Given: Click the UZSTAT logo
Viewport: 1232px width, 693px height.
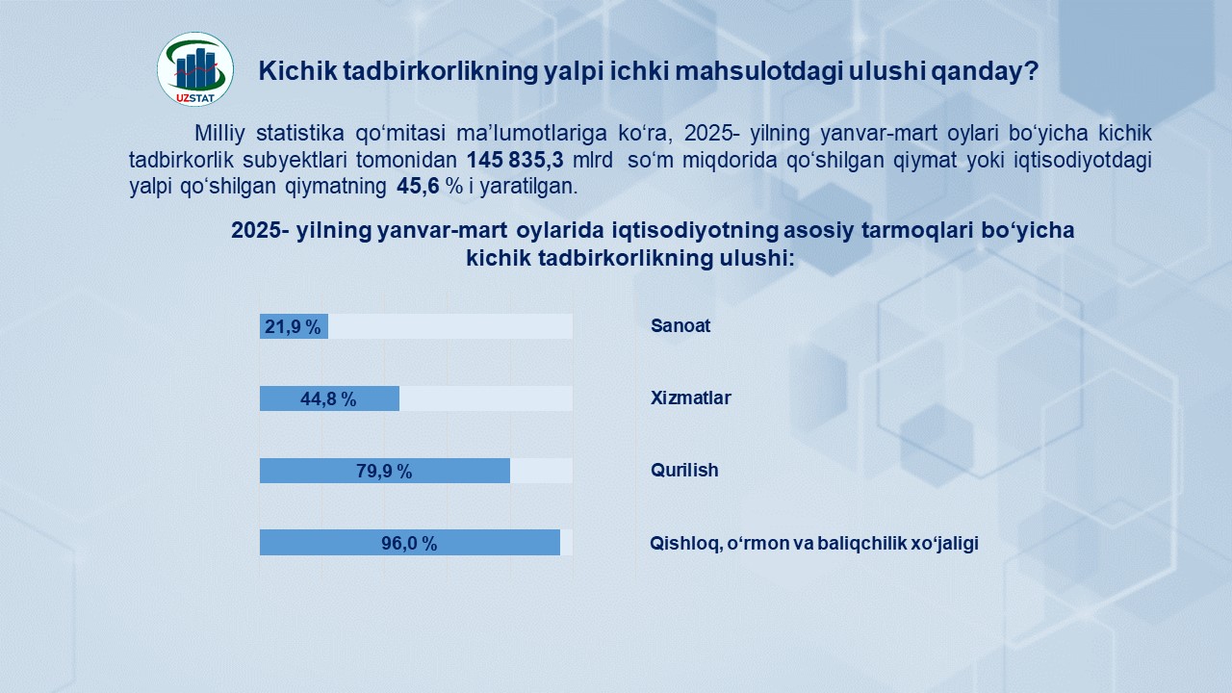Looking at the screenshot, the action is [x=195, y=68].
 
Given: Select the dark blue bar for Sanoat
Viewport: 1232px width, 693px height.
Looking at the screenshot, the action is [x=294, y=326].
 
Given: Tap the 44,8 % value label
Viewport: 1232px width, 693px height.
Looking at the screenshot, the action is [x=328, y=398].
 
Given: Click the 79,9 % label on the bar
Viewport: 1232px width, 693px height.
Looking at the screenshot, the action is [x=384, y=471].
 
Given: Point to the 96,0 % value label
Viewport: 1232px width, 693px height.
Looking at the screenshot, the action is [x=409, y=544].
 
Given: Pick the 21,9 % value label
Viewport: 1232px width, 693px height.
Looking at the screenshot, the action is [x=293, y=326].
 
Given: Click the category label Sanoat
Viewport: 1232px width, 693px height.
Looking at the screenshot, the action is [x=680, y=325].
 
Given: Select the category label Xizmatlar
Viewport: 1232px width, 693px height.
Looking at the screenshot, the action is [x=691, y=398].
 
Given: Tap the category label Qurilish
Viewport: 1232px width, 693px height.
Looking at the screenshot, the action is [x=684, y=471].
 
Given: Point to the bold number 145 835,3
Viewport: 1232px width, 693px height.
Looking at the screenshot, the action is [x=515, y=160].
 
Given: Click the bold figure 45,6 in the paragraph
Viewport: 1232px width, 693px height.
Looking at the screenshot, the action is [x=418, y=187].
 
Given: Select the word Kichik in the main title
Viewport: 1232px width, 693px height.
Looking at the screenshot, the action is [x=297, y=71].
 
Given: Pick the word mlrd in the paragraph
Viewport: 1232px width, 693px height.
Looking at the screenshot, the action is [x=592, y=160].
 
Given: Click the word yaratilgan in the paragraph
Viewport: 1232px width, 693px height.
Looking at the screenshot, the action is [x=529, y=187].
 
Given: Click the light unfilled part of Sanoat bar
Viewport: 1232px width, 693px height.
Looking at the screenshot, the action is [x=450, y=326].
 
